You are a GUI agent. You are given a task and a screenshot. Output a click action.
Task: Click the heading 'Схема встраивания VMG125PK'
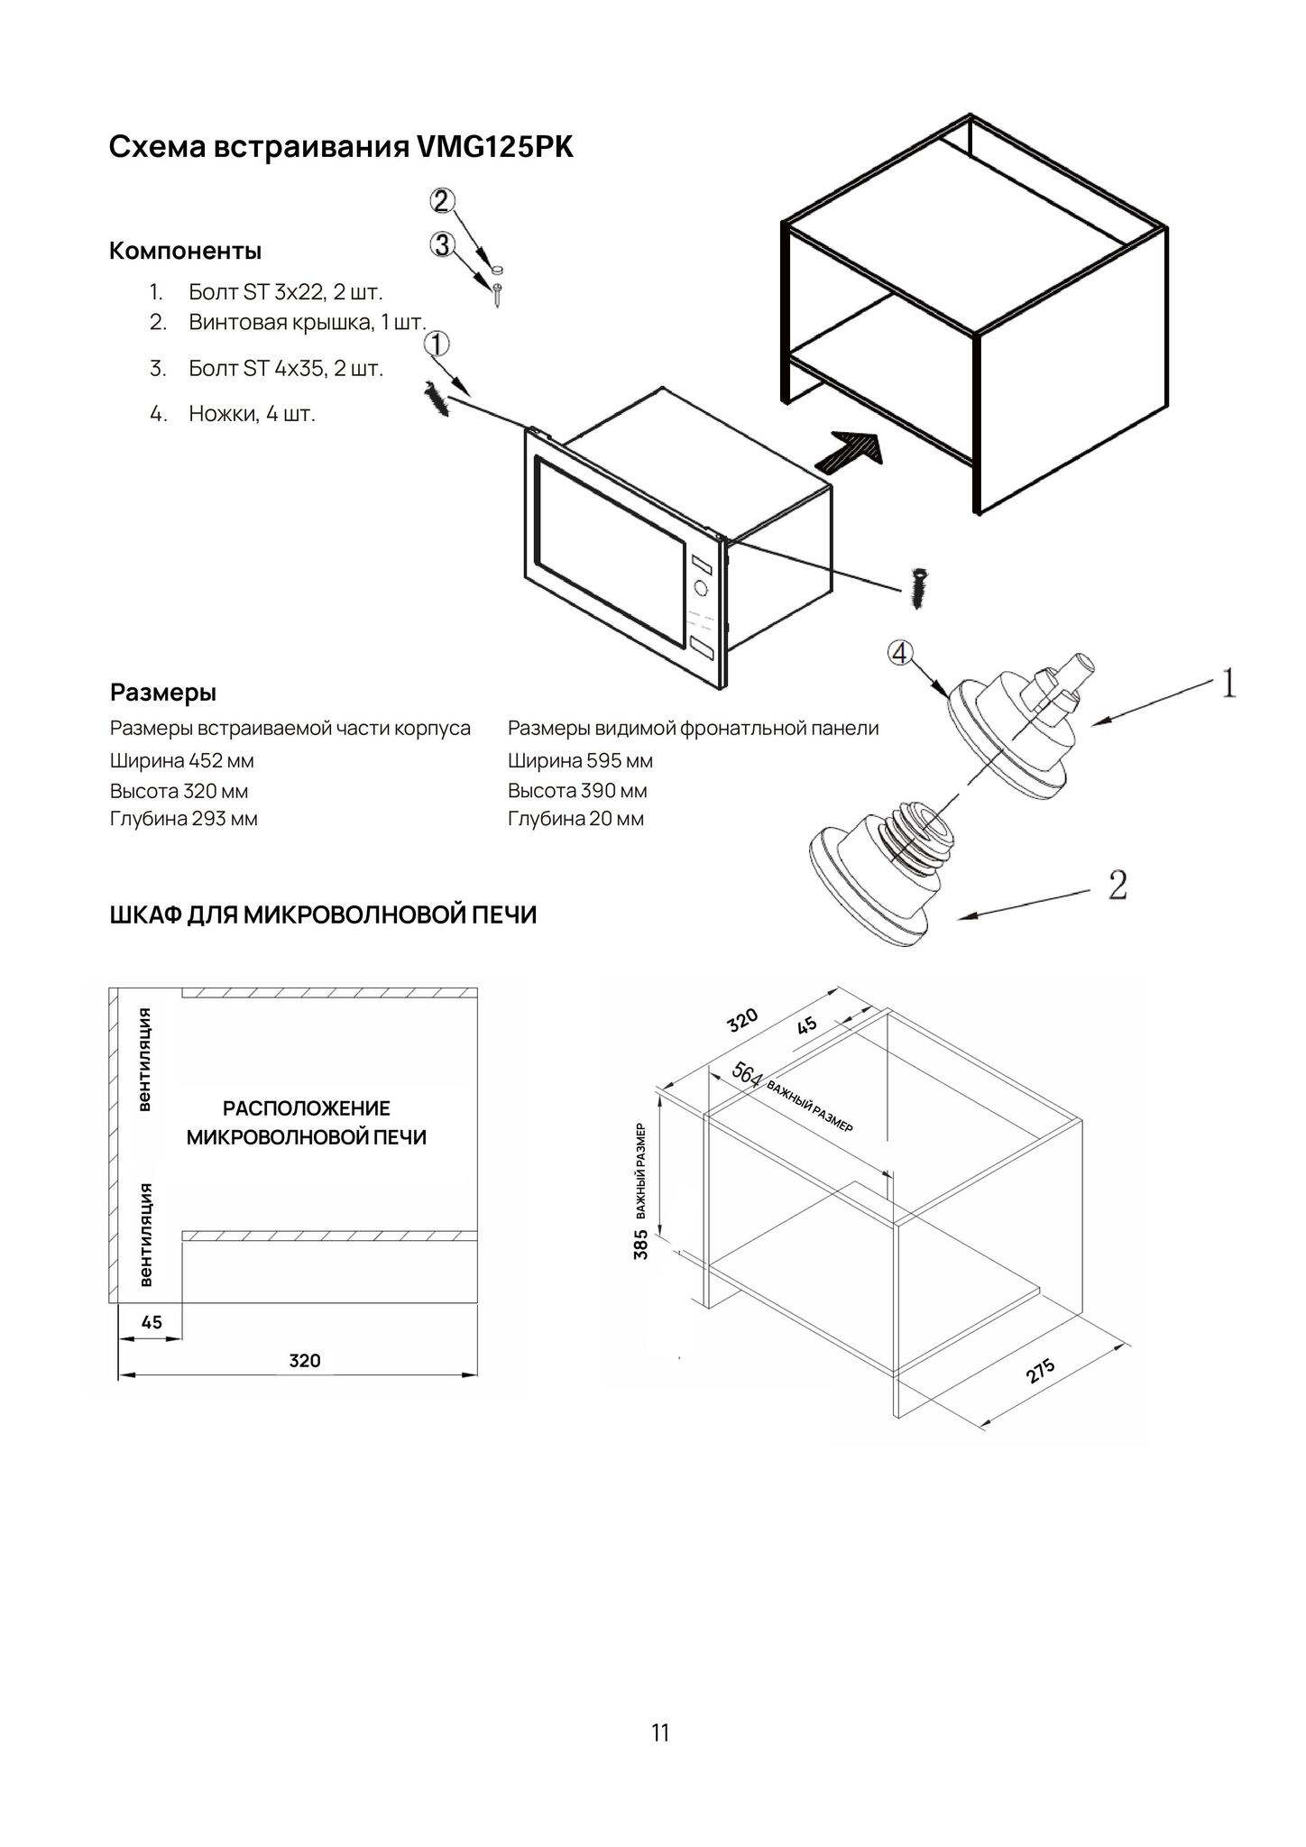tap(341, 147)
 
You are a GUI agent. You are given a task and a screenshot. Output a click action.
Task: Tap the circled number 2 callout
tap(441, 201)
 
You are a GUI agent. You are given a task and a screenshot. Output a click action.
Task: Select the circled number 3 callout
tap(441, 244)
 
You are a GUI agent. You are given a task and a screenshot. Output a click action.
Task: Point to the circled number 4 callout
tap(900, 653)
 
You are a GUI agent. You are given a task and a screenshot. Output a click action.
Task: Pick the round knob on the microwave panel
tap(701, 589)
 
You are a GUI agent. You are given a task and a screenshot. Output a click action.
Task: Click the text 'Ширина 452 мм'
tap(182, 761)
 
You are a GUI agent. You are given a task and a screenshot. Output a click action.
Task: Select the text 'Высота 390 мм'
tap(577, 791)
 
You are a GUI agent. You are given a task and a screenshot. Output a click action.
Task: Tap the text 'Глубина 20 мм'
tap(575, 819)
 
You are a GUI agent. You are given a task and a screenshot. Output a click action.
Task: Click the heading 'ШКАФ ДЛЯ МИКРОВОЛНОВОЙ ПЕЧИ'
tap(323, 915)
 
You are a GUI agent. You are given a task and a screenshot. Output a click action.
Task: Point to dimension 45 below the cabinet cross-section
tap(152, 1322)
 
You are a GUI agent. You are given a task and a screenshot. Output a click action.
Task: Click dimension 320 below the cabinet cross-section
tap(305, 1361)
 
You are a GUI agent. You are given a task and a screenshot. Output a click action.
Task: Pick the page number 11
tap(660, 1732)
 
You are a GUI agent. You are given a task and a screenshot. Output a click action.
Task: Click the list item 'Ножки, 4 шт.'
tap(252, 414)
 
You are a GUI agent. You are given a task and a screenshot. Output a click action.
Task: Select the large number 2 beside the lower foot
tap(1117, 885)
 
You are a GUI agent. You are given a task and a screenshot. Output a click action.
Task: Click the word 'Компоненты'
tap(185, 251)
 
